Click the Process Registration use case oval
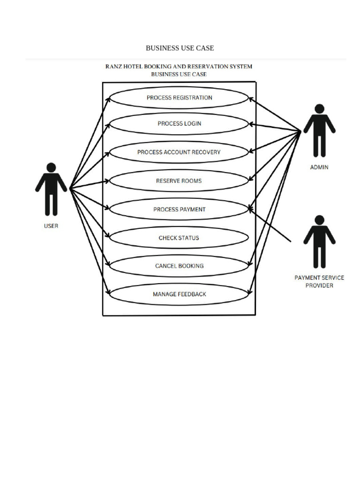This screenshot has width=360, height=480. click(179, 98)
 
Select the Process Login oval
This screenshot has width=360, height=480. click(179, 124)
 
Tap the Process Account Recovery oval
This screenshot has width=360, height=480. click(179, 152)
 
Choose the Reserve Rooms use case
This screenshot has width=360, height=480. click(179, 181)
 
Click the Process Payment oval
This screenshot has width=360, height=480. click(179, 210)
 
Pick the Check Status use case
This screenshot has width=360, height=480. click(179, 238)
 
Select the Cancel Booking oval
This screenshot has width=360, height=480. click(179, 266)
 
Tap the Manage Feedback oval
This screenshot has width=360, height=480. click(179, 294)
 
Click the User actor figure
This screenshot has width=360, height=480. click(51, 190)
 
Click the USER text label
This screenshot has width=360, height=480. click(51, 226)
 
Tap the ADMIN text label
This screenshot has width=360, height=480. click(319, 167)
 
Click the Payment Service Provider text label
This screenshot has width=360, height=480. click(319, 281)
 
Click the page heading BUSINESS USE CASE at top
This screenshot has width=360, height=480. click(180, 48)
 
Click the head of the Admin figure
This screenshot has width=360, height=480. click(319, 109)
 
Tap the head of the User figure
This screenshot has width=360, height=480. click(51, 167)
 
